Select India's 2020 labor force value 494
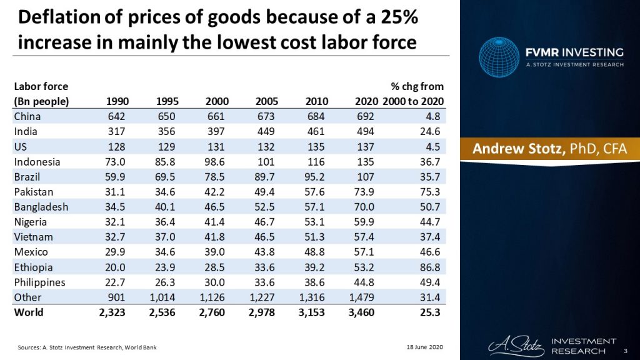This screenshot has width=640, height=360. [x=364, y=131]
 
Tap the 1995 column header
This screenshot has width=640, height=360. [x=167, y=101]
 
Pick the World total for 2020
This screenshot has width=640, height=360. [x=361, y=312]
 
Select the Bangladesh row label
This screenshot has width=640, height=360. [x=41, y=207]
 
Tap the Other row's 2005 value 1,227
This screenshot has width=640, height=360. [x=262, y=297]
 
